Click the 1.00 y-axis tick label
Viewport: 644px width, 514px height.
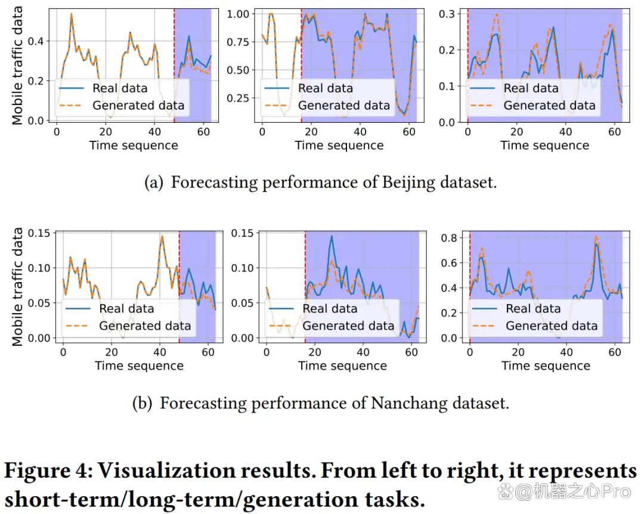coord(238,14)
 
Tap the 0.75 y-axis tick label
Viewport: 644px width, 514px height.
coord(238,42)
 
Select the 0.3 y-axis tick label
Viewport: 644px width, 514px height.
coord(447,14)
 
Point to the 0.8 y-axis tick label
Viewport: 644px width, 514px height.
coord(449,238)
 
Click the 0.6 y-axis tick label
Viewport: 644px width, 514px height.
coord(449,263)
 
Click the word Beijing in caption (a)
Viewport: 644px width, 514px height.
coord(408,182)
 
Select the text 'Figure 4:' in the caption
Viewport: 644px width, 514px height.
coord(49,470)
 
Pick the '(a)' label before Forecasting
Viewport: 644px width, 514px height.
coord(154,182)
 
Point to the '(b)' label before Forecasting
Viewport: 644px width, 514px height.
coord(142,403)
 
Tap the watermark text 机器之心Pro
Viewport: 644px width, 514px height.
coord(573,491)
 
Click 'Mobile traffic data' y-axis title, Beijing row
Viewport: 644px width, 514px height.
coord(17,66)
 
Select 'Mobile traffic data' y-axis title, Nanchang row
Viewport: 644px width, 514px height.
coord(17,287)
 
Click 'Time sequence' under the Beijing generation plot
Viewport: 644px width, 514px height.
coord(544,145)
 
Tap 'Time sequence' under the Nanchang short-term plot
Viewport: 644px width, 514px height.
coord(139,366)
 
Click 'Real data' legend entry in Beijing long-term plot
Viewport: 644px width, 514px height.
coord(326,88)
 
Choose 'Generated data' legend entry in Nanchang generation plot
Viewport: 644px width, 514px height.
coord(552,326)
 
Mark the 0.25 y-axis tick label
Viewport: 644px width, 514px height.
coord(238,98)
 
